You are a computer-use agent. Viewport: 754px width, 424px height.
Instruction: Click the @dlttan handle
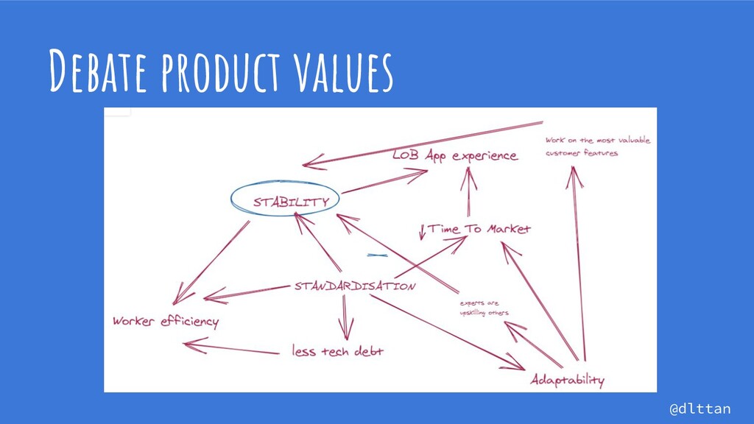click(x=700, y=407)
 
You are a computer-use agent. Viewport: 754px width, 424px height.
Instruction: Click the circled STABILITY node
click(x=285, y=199)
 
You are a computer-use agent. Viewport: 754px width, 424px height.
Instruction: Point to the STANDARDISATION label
click(x=354, y=285)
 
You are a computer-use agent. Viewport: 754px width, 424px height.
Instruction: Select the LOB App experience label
click(x=454, y=156)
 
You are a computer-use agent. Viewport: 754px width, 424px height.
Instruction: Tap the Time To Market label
click(x=479, y=229)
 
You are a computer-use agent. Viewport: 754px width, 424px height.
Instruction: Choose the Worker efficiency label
click(x=165, y=322)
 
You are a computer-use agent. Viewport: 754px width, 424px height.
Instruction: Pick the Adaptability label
click(x=567, y=380)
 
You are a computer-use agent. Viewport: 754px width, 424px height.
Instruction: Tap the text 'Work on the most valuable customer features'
click(x=596, y=146)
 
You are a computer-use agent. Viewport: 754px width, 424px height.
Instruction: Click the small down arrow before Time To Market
click(x=422, y=231)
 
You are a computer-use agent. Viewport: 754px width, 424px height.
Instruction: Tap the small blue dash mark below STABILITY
click(x=376, y=254)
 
